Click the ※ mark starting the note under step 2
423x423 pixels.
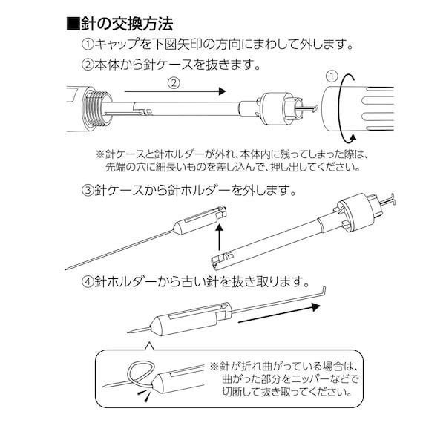102,154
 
